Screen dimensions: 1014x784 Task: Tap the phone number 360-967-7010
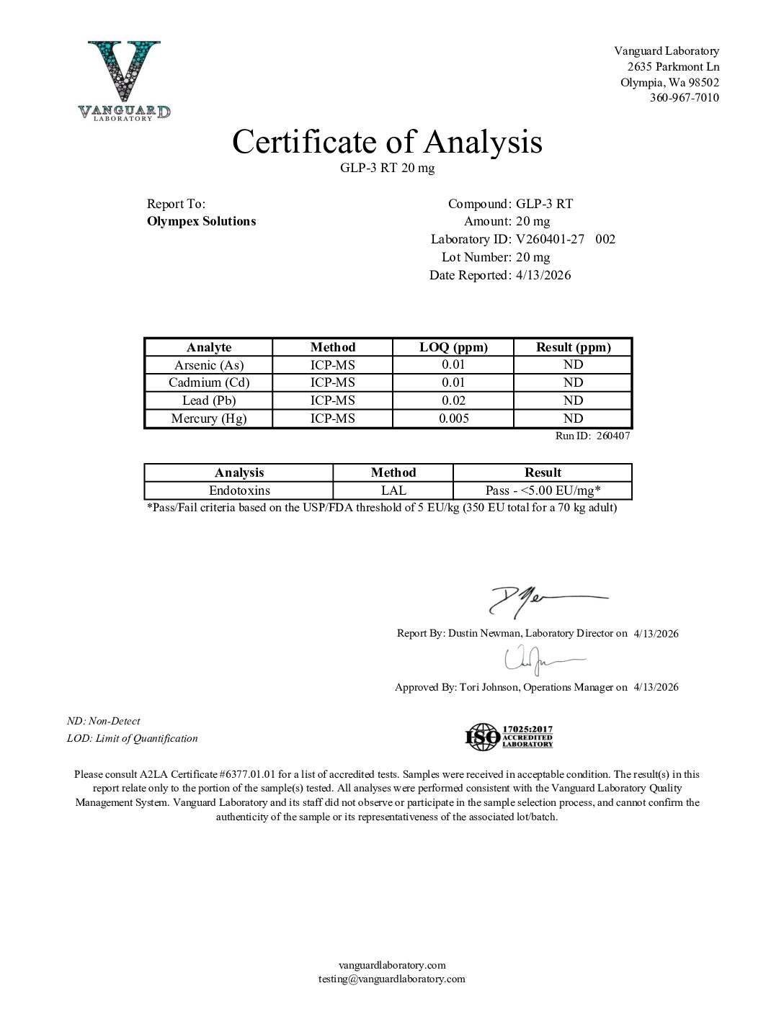click(684, 98)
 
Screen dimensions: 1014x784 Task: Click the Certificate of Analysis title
click(387, 142)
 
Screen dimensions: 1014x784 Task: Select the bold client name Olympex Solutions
click(201, 221)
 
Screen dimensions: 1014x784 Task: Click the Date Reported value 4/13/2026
click(543, 275)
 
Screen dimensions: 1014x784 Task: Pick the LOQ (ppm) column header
click(453, 347)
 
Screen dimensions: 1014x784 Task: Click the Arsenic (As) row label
click(209, 365)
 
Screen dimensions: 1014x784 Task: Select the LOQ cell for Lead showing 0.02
click(453, 400)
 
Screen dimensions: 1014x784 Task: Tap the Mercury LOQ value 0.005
click(453, 418)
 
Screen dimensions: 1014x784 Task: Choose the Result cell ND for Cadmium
click(573, 382)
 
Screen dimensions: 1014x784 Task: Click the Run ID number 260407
click(613, 436)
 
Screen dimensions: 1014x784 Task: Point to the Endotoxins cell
click(239, 490)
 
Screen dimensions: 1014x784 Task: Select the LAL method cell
click(393, 490)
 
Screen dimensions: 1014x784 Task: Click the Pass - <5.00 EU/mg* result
click(543, 490)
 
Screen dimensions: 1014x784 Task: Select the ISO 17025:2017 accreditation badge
click(509, 737)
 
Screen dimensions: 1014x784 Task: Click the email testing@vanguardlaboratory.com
click(392, 979)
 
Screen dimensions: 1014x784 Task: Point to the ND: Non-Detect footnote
click(104, 721)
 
